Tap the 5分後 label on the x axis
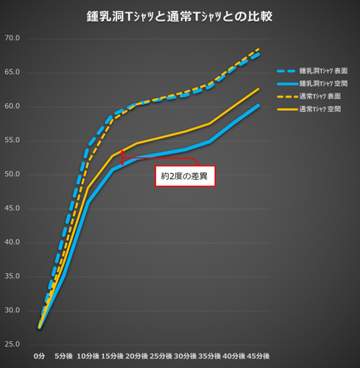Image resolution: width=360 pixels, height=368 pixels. (65, 356)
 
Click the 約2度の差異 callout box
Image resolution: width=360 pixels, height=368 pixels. (184, 176)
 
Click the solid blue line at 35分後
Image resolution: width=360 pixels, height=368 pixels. (209, 141)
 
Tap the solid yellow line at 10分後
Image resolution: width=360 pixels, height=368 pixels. (88, 187)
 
